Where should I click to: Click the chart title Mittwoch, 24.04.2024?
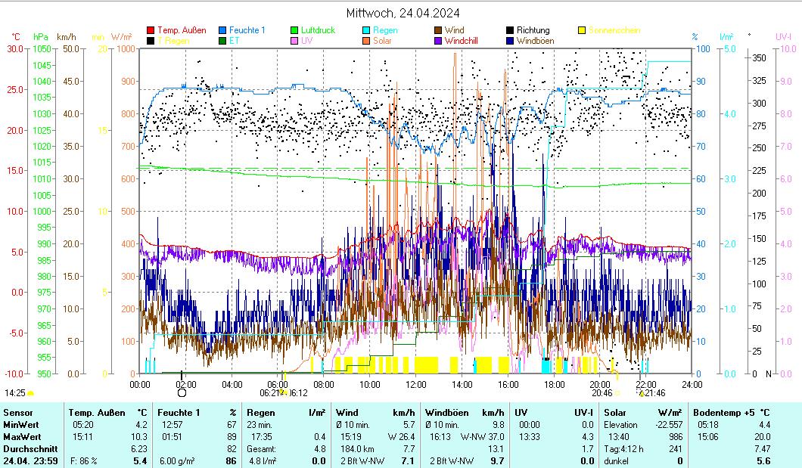[x=403, y=13]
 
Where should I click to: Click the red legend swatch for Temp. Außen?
[x=151, y=30]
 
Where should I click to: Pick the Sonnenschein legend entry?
[x=614, y=30]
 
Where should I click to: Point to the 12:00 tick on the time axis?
[x=416, y=384]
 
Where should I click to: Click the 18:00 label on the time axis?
[x=555, y=384]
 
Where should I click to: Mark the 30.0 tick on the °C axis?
[x=15, y=48]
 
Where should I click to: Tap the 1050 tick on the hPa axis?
[x=43, y=48]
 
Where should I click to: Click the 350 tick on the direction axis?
[x=760, y=57]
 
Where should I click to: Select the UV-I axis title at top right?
[x=783, y=36]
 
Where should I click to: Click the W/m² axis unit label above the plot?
[x=122, y=36]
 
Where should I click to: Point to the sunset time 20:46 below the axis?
[x=601, y=393]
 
